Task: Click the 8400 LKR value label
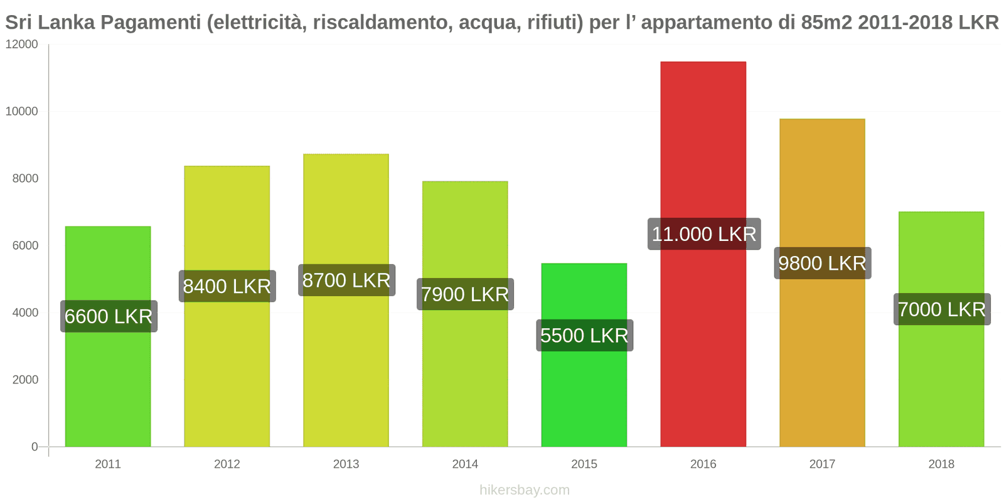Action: coord(227,286)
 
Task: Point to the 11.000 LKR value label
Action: coord(704,234)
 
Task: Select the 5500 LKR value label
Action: coord(584,336)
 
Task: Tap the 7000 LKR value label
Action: coord(941,309)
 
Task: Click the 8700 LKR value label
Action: coord(346,280)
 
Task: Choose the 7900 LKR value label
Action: coord(465,294)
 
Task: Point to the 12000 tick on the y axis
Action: coord(22,45)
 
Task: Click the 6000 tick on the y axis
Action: coord(25,245)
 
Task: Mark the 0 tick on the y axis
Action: coord(35,447)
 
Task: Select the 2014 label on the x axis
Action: coord(465,464)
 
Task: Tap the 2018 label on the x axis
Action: coord(941,464)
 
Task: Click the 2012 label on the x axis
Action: coord(227,464)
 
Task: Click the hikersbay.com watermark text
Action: coord(525,490)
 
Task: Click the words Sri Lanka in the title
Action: coord(50,23)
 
